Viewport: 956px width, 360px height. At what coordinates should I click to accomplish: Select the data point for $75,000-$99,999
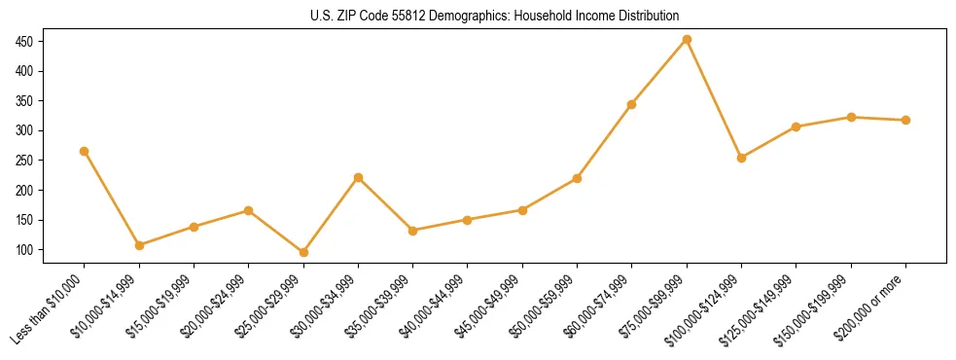coord(687,40)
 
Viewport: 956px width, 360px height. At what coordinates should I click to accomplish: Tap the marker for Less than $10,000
coord(85,151)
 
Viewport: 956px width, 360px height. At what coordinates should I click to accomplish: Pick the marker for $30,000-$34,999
coord(358,178)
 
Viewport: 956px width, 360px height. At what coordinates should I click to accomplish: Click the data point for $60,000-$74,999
coord(632,104)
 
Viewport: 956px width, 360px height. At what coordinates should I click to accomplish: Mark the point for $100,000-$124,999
coord(742,158)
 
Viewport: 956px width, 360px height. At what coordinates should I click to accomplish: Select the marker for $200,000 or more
coord(905,121)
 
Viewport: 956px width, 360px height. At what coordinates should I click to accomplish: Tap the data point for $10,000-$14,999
coord(139,245)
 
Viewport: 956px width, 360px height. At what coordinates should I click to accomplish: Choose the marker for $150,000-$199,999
coord(851,117)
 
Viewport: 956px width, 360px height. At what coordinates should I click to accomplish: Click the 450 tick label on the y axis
coord(23,42)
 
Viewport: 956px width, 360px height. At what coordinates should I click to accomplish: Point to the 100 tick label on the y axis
coord(23,250)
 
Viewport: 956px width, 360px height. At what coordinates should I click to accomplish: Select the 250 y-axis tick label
coord(23,161)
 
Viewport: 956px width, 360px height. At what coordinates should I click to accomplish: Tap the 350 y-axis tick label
coord(23,101)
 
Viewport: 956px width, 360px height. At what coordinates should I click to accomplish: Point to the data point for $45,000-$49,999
coord(522,210)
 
